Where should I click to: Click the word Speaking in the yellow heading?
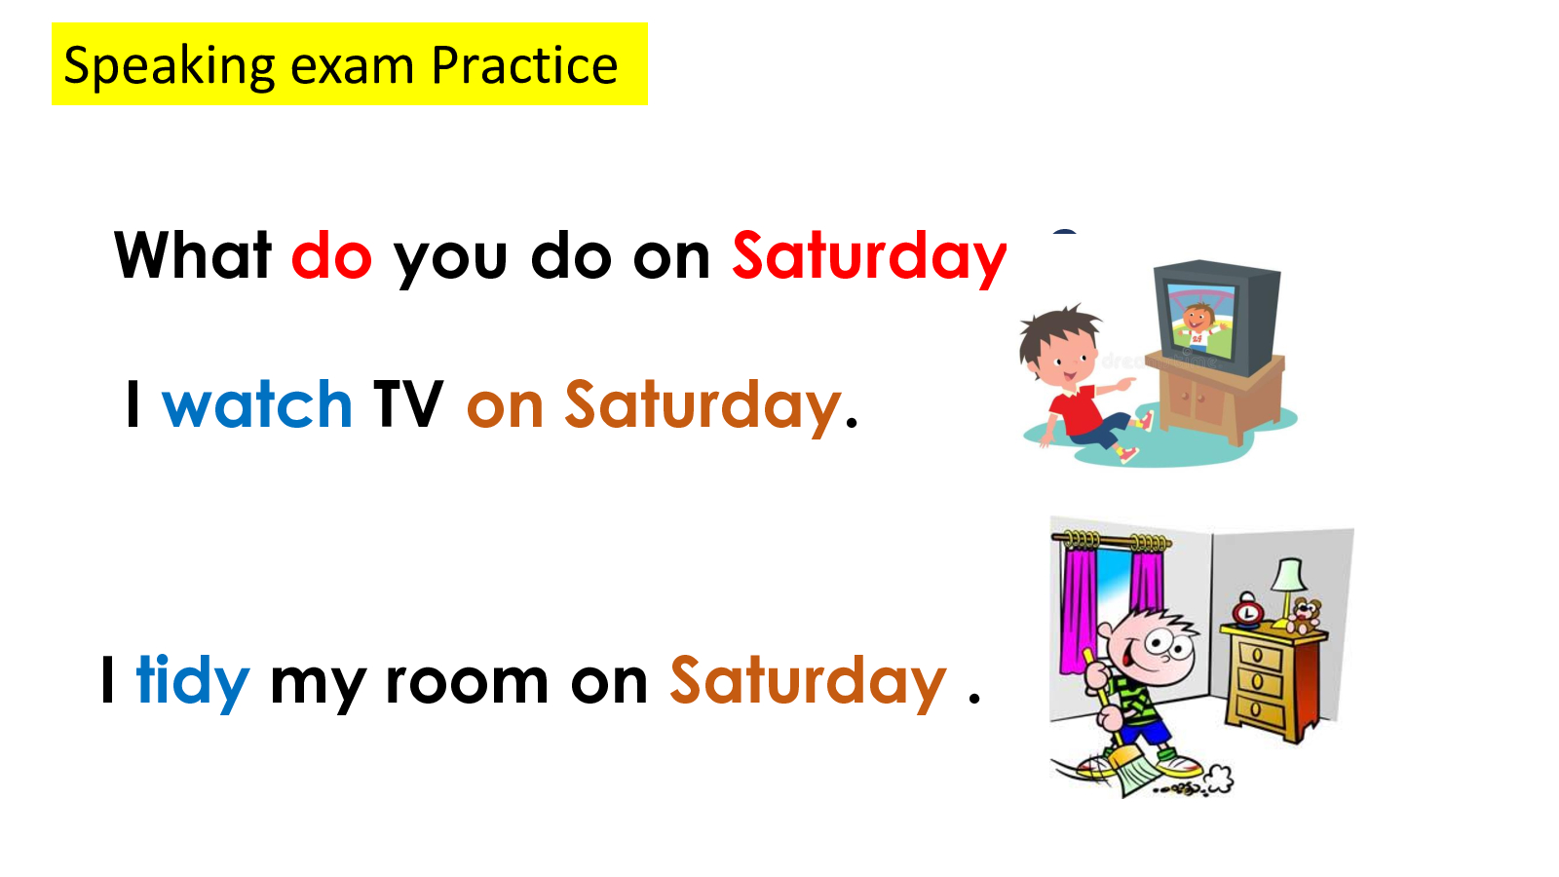pos(170,67)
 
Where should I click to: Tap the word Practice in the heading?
pos(525,65)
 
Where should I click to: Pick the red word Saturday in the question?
pos(869,258)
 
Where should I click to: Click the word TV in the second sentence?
pos(408,403)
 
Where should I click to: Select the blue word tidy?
pos(193,683)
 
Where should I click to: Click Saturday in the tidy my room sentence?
pos(808,683)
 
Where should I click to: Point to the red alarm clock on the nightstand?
pos(1247,610)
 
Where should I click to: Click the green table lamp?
pos(1289,591)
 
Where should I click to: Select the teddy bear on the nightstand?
pos(1303,616)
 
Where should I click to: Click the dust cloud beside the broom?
pos(1217,779)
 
